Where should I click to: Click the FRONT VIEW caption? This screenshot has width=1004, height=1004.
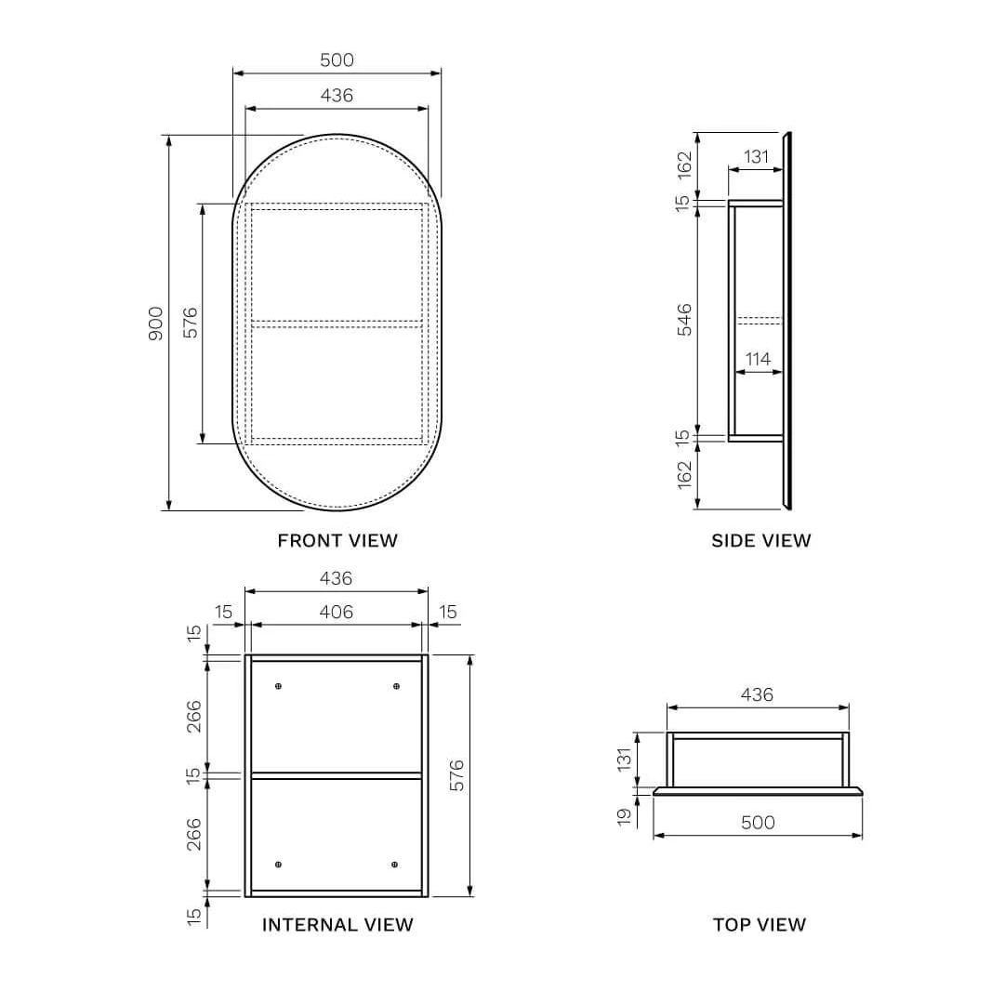[337, 540]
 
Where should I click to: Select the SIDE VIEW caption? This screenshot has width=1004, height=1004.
[760, 540]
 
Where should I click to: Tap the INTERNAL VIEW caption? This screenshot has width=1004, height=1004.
[337, 924]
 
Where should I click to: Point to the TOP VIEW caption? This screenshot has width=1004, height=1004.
[759, 924]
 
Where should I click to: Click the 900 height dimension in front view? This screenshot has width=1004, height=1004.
[155, 323]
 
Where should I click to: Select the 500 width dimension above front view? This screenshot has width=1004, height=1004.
[337, 60]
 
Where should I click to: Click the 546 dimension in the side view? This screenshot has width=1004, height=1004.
[684, 320]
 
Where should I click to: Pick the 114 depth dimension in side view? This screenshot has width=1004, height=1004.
[758, 359]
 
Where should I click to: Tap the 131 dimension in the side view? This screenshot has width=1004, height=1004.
[757, 157]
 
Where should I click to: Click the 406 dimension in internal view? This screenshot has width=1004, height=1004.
[337, 612]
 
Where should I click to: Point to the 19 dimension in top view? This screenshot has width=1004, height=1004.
[624, 815]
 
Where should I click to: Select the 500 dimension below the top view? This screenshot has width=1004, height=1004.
[758, 823]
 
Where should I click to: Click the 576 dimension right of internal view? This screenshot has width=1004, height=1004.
[456, 775]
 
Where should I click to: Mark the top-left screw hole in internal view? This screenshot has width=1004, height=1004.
[278, 686]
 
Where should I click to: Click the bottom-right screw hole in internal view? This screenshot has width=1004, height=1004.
[395, 865]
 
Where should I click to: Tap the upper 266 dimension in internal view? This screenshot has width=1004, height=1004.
[193, 716]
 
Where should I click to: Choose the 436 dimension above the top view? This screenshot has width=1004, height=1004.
[758, 694]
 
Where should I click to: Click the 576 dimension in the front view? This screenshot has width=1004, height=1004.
[191, 323]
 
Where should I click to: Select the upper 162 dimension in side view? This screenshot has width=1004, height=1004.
[684, 165]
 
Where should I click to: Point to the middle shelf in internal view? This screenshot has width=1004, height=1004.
[337, 774]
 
